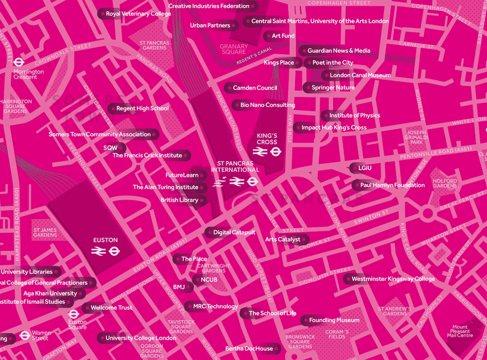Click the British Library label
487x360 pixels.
180,200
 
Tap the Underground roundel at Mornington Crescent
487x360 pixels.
18,62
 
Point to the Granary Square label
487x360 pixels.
234,49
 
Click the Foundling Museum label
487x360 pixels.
334,320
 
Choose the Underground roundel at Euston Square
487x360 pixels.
73,314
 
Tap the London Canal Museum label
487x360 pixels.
360,75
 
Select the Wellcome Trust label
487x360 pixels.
111,308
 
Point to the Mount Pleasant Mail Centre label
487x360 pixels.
460,331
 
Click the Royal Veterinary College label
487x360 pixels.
138,14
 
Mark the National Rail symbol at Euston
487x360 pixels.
98,251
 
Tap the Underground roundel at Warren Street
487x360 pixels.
25,335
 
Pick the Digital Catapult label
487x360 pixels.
234,233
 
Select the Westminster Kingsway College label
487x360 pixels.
393,279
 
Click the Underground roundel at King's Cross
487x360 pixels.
275,152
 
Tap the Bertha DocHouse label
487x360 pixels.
249,349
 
